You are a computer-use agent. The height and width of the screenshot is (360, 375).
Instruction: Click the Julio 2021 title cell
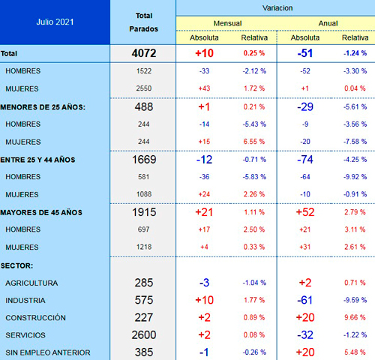coord(55,22)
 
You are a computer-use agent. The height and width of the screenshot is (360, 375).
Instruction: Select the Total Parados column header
coord(144,22)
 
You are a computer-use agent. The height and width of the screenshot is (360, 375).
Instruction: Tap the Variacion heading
coord(277,8)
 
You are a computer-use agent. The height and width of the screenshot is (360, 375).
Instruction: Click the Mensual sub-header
coord(227,23)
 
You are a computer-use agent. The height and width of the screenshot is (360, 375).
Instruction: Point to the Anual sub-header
coord(328,23)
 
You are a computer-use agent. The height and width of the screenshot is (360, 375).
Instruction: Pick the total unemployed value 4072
coord(144,53)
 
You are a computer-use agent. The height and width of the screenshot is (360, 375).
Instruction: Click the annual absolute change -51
coord(305,53)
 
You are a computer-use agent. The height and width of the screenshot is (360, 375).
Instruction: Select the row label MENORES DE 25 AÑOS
coord(43,107)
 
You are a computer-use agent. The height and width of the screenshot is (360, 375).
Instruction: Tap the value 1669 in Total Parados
coord(144,160)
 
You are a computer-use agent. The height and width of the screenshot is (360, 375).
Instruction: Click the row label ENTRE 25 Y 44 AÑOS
coord(37,160)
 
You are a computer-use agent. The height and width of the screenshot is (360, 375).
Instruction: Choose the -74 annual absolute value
coord(305,160)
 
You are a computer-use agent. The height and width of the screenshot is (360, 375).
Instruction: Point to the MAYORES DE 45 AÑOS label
coord(41,213)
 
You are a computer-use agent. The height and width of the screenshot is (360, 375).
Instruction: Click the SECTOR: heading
coord(16,265)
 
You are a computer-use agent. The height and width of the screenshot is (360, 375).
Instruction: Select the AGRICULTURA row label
coord(31,283)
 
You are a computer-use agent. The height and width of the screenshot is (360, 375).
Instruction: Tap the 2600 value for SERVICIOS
coord(144,335)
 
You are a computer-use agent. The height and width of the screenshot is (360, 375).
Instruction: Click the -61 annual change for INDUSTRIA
coord(305,300)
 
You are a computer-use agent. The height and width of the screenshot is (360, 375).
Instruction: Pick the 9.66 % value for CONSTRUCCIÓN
coord(355,317)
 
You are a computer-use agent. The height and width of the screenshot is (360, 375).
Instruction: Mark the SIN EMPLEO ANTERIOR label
coord(48,352)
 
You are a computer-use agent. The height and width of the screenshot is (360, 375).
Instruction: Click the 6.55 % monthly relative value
coord(254,142)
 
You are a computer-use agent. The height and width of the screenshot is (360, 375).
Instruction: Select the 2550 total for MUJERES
coord(144,88)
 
